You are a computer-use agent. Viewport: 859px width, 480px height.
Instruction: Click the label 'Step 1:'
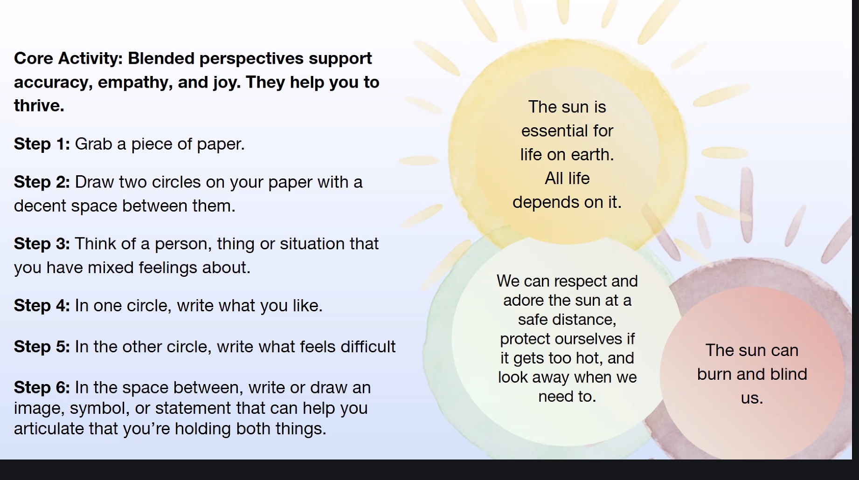(x=42, y=144)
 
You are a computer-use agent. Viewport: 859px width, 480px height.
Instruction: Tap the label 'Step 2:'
(x=42, y=182)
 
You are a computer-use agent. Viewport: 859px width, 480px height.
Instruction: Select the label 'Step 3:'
(x=42, y=244)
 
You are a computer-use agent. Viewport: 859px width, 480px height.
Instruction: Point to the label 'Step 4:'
(x=42, y=306)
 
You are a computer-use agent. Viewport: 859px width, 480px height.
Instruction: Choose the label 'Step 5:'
(x=42, y=347)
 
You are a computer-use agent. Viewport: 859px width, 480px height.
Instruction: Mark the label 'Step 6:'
(x=42, y=388)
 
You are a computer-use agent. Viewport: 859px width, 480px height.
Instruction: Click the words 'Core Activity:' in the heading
(x=69, y=59)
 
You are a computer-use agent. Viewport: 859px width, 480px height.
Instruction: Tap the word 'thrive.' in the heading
(x=39, y=106)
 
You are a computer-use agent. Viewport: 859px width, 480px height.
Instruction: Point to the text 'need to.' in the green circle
(x=567, y=397)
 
